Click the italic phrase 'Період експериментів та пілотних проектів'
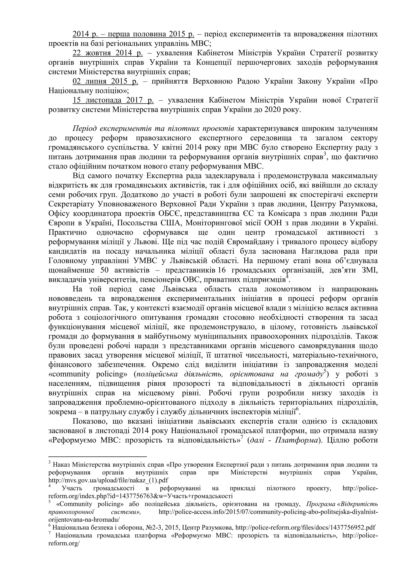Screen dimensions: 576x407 [x=153, y=129]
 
